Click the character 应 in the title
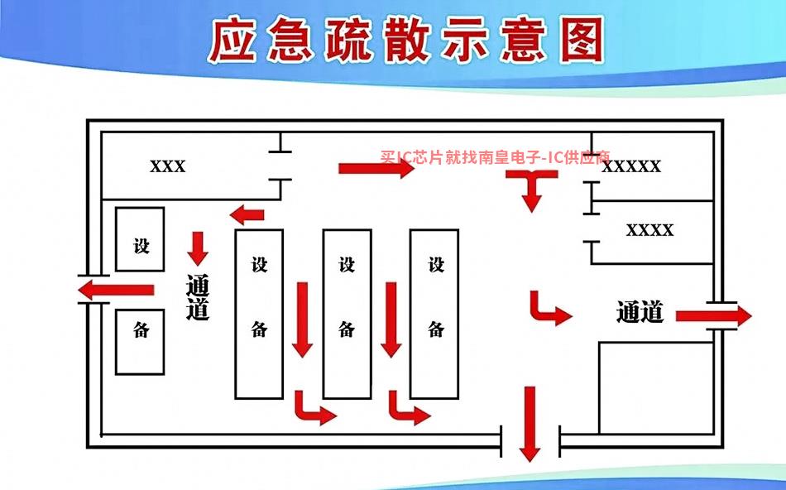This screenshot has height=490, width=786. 232,40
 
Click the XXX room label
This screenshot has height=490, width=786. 168,166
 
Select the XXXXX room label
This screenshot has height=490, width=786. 631,166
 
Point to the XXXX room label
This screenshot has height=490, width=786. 649,230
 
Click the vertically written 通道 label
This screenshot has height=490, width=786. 198,297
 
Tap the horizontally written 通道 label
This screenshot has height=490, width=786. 640,311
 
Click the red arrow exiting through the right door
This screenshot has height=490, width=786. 714,315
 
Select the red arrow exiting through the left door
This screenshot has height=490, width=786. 116,290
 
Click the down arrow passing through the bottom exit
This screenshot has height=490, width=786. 530,424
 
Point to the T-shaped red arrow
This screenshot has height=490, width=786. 532,183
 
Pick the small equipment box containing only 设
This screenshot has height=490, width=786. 140,239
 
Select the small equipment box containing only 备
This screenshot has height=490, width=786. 140,342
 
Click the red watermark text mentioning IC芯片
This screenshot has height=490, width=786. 495,157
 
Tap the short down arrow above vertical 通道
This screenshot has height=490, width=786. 198,248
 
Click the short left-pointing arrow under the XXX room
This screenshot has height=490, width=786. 247,214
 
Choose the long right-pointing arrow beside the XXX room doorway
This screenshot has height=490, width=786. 376,168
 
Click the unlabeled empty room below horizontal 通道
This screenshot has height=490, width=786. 656,387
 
